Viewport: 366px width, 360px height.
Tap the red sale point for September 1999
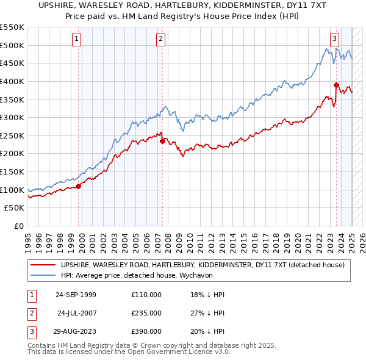[x=79, y=186]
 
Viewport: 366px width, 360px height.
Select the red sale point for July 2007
[x=163, y=141]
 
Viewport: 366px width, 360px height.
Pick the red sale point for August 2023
[x=336, y=85]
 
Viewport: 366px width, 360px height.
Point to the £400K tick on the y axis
[x=13, y=81]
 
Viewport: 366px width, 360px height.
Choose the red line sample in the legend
[x=43, y=265]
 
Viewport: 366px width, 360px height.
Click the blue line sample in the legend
[x=43, y=275]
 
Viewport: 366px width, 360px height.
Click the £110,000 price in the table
[x=146, y=295]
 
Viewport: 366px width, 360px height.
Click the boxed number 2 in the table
[x=30, y=313]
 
